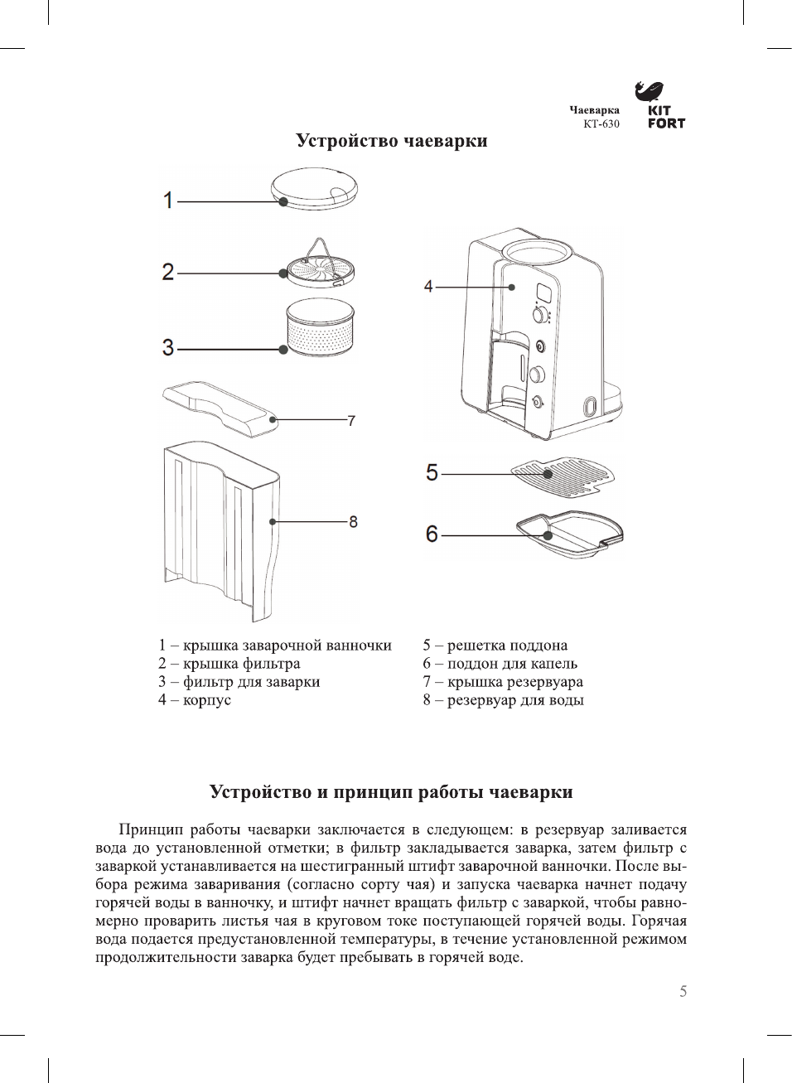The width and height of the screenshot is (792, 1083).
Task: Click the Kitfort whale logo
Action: (x=650, y=91)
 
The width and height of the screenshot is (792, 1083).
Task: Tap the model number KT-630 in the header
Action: (x=601, y=124)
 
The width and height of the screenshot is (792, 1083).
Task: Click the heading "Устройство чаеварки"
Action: (x=391, y=141)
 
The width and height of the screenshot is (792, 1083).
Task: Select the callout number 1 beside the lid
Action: (x=168, y=201)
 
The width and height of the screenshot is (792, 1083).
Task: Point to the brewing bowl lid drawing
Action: (x=315, y=187)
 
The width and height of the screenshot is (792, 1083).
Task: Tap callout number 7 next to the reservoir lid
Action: (x=351, y=421)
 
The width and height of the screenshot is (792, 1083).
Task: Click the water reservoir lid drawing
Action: (x=220, y=407)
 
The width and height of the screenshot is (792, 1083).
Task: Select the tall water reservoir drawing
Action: (x=220, y=530)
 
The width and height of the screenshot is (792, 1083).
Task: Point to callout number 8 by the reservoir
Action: (x=353, y=522)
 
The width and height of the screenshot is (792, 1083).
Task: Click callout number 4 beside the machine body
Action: (x=428, y=287)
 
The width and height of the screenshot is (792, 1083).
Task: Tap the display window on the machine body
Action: (x=544, y=294)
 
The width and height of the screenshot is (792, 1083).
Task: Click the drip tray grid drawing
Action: (x=563, y=476)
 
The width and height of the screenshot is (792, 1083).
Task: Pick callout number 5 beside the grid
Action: (x=432, y=473)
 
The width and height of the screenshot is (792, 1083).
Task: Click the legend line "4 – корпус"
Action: (x=195, y=700)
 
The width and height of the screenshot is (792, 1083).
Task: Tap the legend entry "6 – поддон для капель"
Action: (x=500, y=664)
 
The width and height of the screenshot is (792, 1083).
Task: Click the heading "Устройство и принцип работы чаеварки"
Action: (x=391, y=792)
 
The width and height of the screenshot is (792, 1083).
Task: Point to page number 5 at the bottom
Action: (x=683, y=992)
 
